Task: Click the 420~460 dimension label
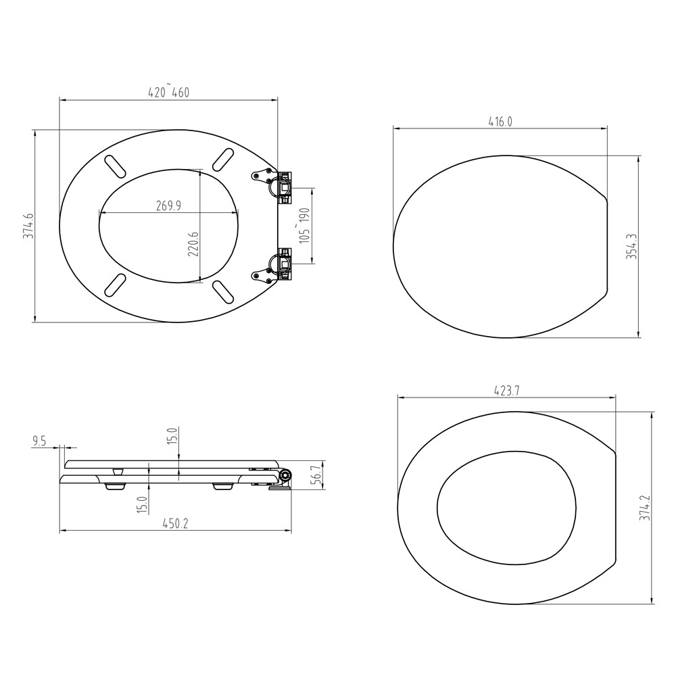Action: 168,93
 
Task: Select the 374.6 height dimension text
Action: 28,226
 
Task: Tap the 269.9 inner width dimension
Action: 168,206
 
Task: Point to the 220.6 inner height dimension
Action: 194,243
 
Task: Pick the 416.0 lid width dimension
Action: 500,121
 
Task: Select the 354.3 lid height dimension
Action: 631,247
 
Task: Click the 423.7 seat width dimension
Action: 506,391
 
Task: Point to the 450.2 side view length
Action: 175,524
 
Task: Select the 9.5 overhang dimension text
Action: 39,441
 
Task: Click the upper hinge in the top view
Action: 276,183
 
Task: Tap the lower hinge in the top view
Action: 276,266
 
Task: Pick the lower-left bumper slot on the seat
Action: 116,284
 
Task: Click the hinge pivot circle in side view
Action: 286,477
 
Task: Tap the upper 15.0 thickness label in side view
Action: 172,436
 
